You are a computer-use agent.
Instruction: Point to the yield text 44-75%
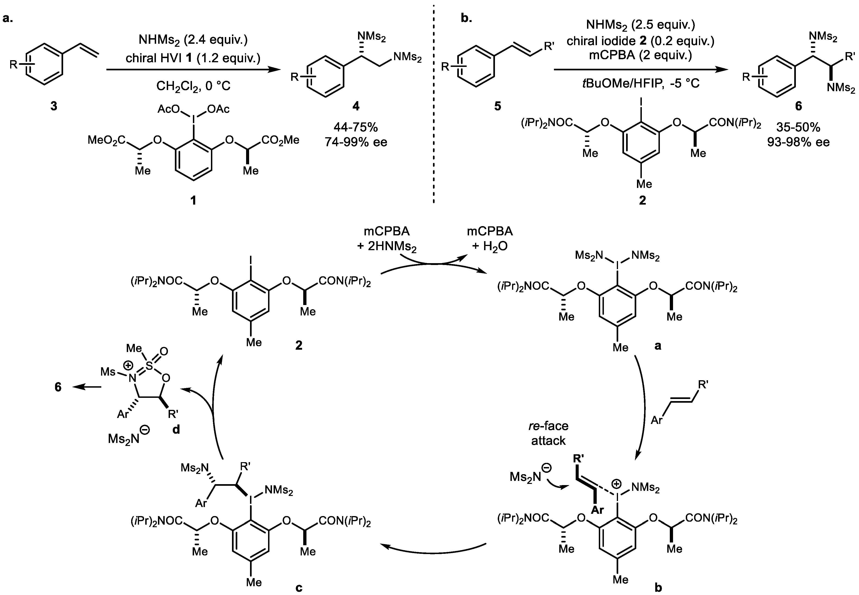356,128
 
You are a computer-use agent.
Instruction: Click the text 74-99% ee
356,142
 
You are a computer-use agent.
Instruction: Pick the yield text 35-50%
798,128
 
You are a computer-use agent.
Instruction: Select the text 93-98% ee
798,142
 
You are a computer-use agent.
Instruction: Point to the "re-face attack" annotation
548,433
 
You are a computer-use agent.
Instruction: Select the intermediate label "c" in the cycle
299,588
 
